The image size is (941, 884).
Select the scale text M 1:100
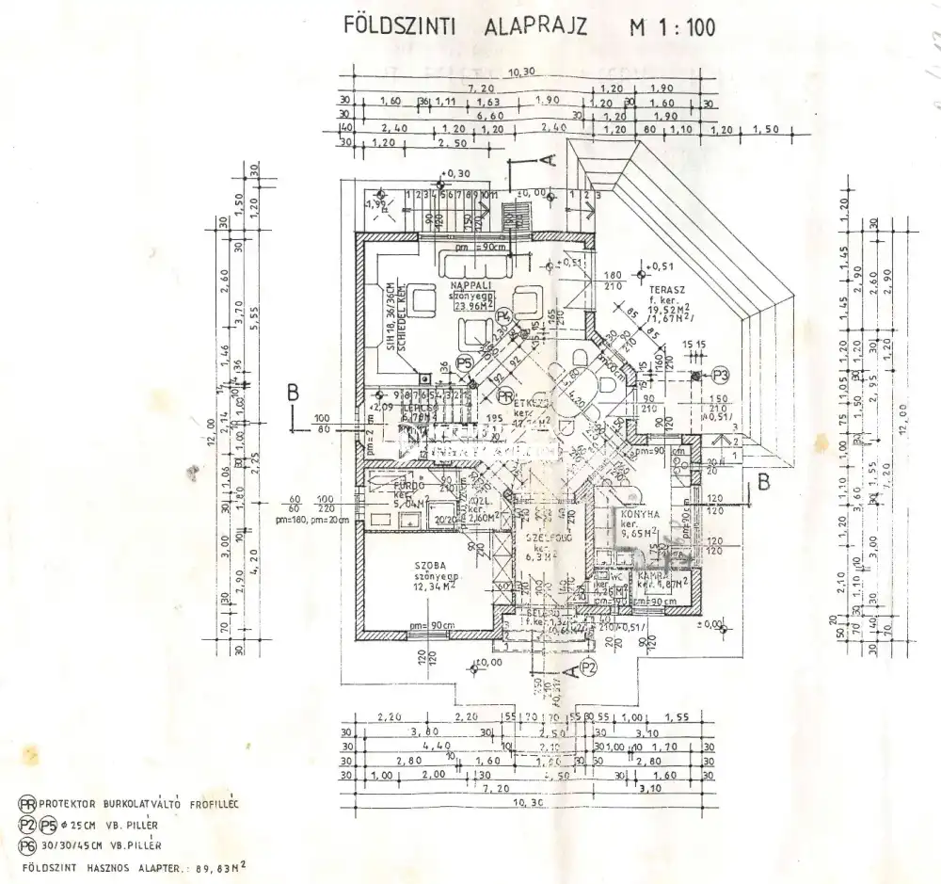[x=671, y=27]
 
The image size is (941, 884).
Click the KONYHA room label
[x=638, y=515]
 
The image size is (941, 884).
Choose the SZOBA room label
[x=430, y=565]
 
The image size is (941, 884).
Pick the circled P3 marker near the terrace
[x=721, y=375]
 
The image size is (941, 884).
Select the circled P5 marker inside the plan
[x=463, y=362]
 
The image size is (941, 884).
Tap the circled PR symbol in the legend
[x=27, y=804]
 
